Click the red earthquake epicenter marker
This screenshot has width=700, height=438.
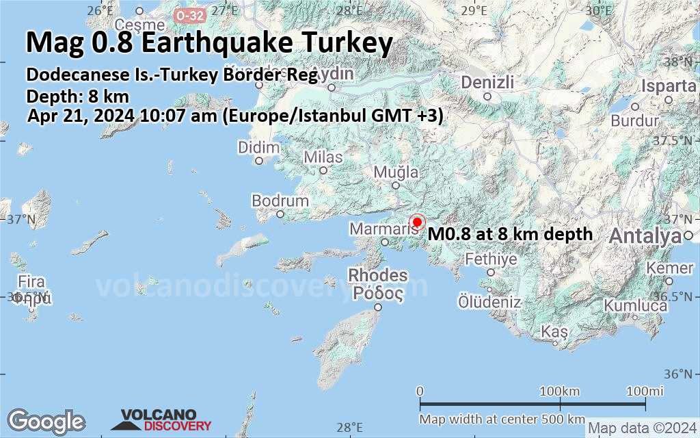point(417,222)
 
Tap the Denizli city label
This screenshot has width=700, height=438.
point(487,83)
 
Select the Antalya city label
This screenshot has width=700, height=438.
point(645,237)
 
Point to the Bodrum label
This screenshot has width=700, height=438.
point(280,201)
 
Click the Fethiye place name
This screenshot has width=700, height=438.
point(491,259)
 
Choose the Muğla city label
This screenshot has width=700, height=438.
point(396,172)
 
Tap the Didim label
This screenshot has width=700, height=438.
point(259,148)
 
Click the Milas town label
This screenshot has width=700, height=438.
point(323,157)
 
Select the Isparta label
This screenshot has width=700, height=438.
point(669,86)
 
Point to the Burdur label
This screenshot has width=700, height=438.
point(635,121)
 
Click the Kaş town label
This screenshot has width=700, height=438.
point(554,331)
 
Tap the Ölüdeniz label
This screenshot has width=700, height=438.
point(489,302)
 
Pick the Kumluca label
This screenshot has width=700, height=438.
point(635,306)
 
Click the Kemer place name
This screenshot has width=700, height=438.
point(669,268)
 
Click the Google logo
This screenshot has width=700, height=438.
point(46,421)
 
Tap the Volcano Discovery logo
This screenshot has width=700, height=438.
point(161,420)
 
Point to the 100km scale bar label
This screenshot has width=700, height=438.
point(560,391)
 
